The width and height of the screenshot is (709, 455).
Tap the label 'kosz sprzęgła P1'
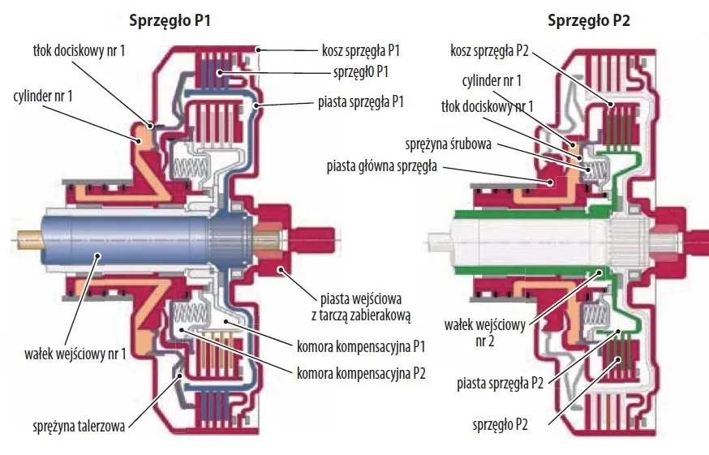(361, 50)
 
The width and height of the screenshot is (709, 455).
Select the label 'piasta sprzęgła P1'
(359, 103)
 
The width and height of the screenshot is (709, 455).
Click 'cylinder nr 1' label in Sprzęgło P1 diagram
(45, 96)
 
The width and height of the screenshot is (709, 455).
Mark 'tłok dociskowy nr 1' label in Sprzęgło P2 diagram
(486, 106)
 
